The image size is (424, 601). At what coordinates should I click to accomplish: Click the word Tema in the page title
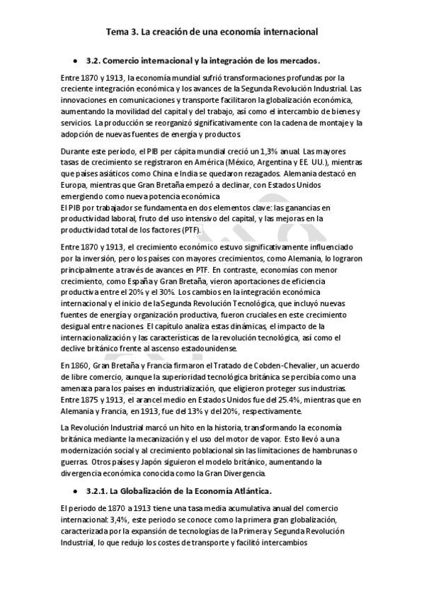click(x=115, y=31)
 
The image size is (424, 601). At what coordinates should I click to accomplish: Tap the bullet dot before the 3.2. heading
click(x=75, y=61)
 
